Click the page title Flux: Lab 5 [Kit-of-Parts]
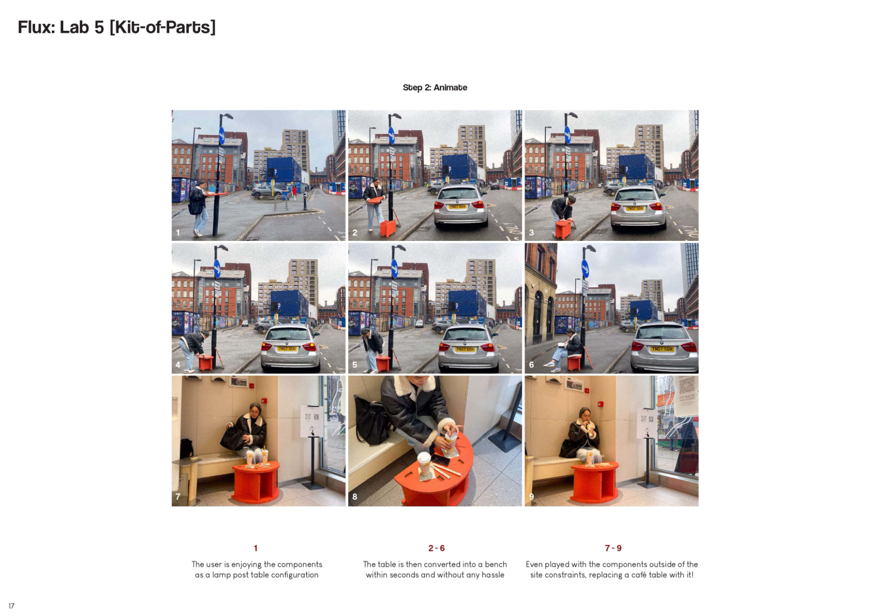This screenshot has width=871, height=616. pyautogui.click(x=117, y=27)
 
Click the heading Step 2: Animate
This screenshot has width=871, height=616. pyautogui.click(x=434, y=87)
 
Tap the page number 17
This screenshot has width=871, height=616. pyautogui.click(x=11, y=606)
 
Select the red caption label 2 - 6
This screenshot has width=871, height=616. pyautogui.click(x=437, y=548)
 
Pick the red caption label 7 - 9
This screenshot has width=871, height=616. pyautogui.click(x=613, y=548)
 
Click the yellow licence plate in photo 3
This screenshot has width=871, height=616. pyautogui.click(x=635, y=209)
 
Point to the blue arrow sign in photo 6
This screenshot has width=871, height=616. pyautogui.click(x=585, y=269)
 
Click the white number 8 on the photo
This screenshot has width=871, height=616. pyautogui.click(x=355, y=497)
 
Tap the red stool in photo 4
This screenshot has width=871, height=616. pyautogui.click(x=206, y=362)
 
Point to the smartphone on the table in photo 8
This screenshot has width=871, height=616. pyautogui.click(x=441, y=460)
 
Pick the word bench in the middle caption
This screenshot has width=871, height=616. pyautogui.click(x=496, y=564)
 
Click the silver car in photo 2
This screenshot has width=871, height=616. pyautogui.click(x=460, y=205)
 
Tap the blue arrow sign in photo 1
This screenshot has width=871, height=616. pyautogui.click(x=222, y=136)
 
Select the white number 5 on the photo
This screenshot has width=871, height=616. pyautogui.click(x=355, y=364)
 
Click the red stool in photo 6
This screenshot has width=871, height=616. pyautogui.click(x=574, y=363)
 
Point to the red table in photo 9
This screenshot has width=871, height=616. pyautogui.click(x=594, y=482)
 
